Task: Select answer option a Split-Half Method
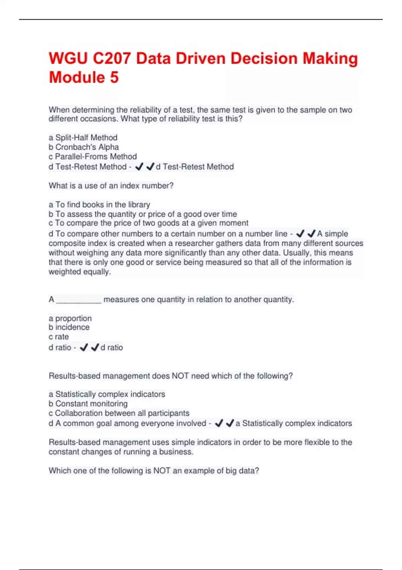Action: [x=83, y=137]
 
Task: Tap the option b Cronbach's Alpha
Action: [x=84, y=147]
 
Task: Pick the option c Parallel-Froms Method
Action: [x=93, y=156]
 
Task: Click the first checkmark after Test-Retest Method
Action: [x=139, y=167]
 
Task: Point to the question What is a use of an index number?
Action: [x=111, y=185]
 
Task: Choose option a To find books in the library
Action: [x=99, y=205]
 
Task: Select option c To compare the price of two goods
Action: [x=148, y=223]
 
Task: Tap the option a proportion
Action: [x=70, y=318]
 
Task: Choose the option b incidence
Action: [x=69, y=327]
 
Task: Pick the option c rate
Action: [x=59, y=337]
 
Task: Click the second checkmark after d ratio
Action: [x=95, y=347]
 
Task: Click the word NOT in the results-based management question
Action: [x=180, y=376]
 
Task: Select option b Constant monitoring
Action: [x=88, y=404]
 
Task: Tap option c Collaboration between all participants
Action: [x=119, y=413]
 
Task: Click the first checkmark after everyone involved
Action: [x=219, y=423]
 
